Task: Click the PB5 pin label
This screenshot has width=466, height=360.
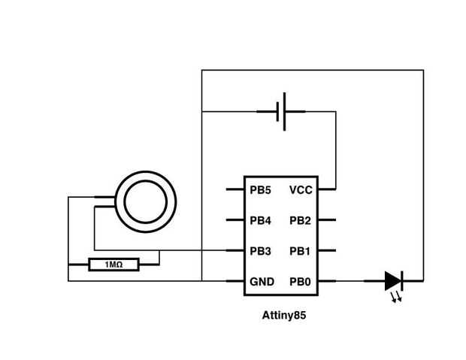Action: coord(260,190)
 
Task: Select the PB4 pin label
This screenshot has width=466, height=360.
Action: coord(260,220)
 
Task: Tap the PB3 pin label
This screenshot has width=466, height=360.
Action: coord(260,251)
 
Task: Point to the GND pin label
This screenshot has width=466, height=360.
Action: coord(262,282)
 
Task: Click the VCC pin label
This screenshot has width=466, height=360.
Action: coord(301,190)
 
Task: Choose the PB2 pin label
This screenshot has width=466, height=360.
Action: coord(300,220)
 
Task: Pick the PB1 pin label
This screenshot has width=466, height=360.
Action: coord(300,251)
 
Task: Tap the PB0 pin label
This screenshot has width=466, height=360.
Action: coord(300,282)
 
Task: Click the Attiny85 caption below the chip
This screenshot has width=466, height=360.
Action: coord(284,316)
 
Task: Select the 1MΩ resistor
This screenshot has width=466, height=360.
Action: coord(113,265)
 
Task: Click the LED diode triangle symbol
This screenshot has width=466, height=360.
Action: coord(393,280)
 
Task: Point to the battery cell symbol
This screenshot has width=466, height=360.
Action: coord(281,112)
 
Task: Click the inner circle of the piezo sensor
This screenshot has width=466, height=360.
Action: coord(146,202)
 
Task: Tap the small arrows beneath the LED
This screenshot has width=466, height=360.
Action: coord(396,297)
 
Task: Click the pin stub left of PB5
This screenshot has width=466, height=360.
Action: coord(235,189)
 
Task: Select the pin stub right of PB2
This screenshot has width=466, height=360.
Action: coord(327,219)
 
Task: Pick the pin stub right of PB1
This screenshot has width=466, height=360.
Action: coord(327,250)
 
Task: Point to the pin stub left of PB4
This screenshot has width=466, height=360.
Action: coord(235,219)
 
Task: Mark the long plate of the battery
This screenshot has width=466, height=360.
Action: coord(284,112)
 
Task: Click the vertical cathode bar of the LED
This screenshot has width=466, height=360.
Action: coord(402,280)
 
